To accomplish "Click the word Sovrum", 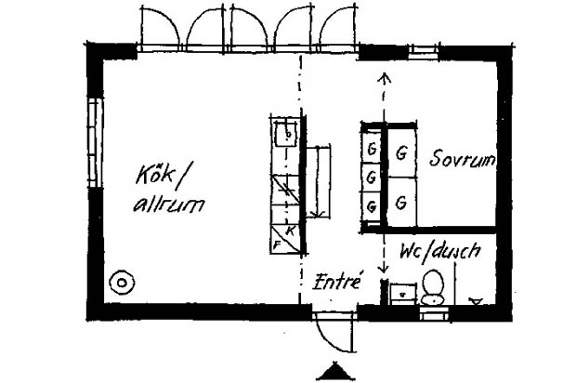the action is click(x=462, y=158).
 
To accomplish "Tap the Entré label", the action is click(x=337, y=281).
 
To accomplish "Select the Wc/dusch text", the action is click(x=440, y=252).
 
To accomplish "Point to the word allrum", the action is click(x=168, y=205).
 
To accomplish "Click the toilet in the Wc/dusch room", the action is click(x=433, y=288).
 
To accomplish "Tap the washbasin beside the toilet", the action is click(x=402, y=294).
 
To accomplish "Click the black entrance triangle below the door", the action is click(x=334, y=371).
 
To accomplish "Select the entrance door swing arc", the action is click(x=334, y=334).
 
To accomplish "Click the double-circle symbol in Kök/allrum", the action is click(x=122, y=283).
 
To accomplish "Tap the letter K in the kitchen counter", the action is click(x=290, y=231).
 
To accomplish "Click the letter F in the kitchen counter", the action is click(x=277, y=244).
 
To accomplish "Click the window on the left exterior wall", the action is click(x=95, y=143).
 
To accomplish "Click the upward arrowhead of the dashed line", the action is click(x=385, y=78).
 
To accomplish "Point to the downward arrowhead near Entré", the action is click(x=384, y=269).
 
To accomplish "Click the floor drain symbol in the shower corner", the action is click(x=476, y=301).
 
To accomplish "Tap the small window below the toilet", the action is click(x=434, y=314).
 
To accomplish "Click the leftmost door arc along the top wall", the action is click(x=160, y=27).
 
